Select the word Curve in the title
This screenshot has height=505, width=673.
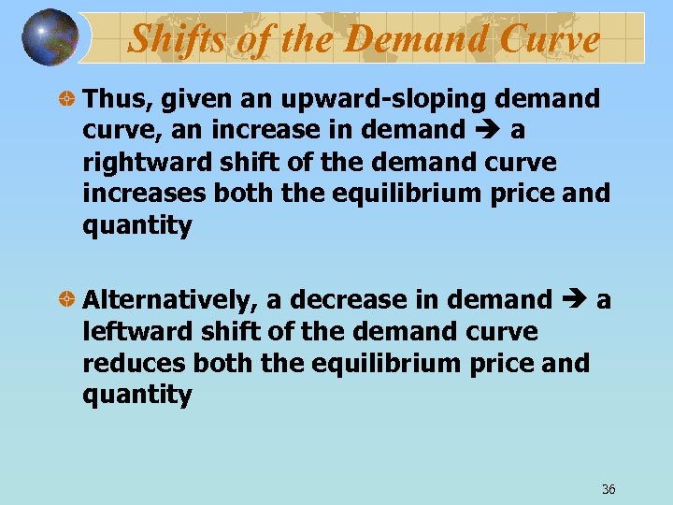(x=551, y=39)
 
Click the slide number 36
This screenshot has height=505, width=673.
(x=609, y=489)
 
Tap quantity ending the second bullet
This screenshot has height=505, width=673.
(x=136, y=396)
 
